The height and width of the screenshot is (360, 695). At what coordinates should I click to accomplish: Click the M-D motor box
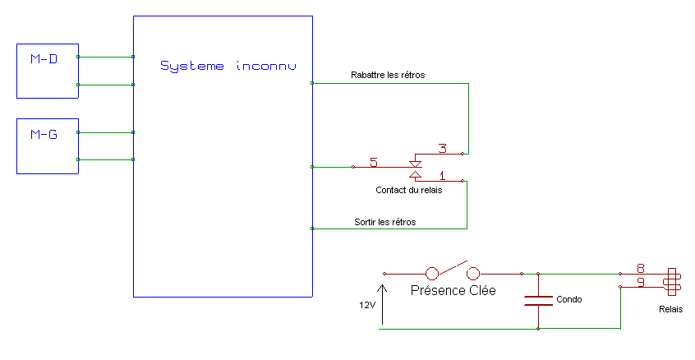point(48,71)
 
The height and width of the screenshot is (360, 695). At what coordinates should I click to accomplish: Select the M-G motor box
point(48,145)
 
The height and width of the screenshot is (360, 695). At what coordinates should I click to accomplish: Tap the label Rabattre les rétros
point(387,75)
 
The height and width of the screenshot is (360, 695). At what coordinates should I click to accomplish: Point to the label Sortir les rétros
point(384,222)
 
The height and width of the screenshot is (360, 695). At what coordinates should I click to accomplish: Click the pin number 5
point(374,162)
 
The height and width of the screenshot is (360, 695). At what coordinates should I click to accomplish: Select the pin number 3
point(442,149)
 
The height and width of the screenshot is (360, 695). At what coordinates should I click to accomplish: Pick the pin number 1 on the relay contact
point(442,175)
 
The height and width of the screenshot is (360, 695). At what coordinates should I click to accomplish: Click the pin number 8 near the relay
point(640,268)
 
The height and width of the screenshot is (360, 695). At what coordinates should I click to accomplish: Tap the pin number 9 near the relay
point(640,283)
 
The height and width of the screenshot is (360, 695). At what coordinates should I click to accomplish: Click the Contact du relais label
point(408,191)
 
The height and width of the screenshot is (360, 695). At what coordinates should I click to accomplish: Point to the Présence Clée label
point(453,290)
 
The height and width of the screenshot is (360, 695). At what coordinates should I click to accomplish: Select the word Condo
point(568,299)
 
